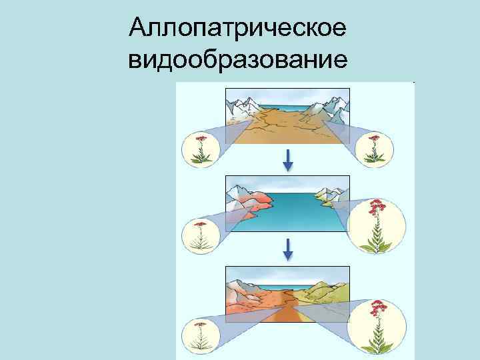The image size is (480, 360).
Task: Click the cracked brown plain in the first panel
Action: click(x=287, y=127)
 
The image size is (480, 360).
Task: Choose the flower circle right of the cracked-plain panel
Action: click(x=373, y=149)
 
